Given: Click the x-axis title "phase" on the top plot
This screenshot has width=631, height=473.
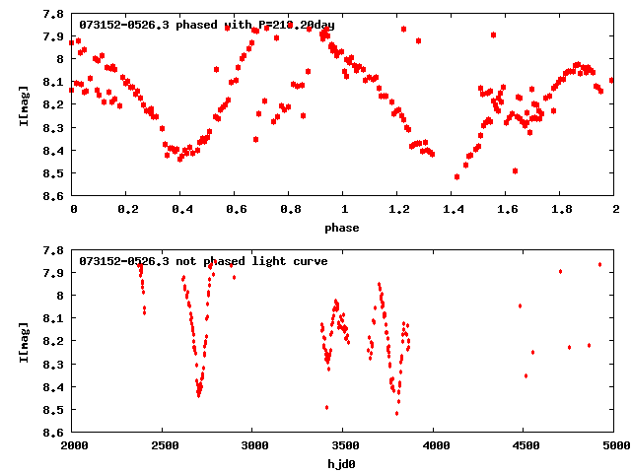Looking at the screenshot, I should (x=343, y=228).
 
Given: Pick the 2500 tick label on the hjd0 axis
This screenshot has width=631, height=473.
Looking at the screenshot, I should (x=163, y=446).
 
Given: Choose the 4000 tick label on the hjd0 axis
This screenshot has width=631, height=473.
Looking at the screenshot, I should (x=434, y=446).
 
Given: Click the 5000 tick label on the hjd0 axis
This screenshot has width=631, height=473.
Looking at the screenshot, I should (x=614, y=446).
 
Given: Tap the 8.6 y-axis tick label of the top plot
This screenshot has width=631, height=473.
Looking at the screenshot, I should (x=55, y=196).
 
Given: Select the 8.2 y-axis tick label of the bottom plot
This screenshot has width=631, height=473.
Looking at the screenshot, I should (x=55, y=341).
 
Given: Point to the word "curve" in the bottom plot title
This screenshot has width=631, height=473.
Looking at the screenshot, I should (x=310, y=261).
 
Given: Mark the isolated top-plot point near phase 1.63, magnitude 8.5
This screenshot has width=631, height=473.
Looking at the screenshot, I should (x=515, y=170).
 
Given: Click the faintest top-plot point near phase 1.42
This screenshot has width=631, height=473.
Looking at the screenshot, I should (x=456, y=176).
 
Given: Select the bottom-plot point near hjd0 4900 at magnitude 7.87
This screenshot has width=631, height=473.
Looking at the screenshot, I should (x=599, y=264).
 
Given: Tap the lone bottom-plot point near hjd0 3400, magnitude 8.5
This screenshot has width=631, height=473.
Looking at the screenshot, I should (x=326, y=407).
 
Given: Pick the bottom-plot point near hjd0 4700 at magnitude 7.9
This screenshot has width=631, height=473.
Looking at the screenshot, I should (x=560, y=271).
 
